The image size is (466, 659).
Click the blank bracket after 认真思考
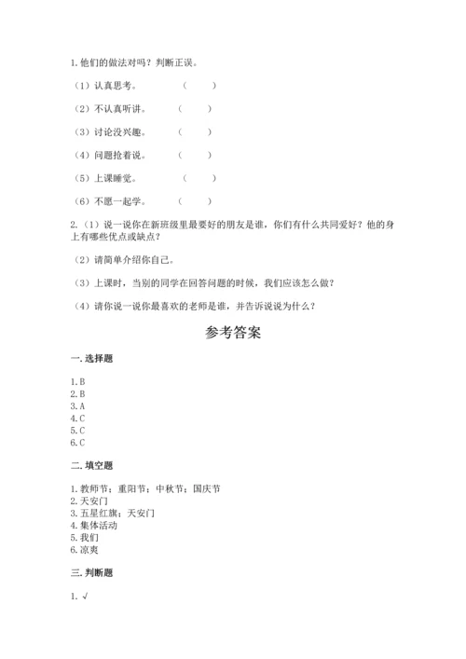pos(199,86)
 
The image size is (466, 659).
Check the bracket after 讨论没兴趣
pos(196,132)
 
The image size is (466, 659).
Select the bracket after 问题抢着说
pos(196,155)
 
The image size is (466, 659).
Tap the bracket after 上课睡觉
pos(199,177)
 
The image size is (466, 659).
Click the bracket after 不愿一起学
pos(196,200)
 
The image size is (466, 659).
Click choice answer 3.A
pos(78,405)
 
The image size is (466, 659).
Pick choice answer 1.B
pos(78,381)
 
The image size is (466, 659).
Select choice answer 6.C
pos(78,442)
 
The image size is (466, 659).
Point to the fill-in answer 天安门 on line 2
pos(93,501)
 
